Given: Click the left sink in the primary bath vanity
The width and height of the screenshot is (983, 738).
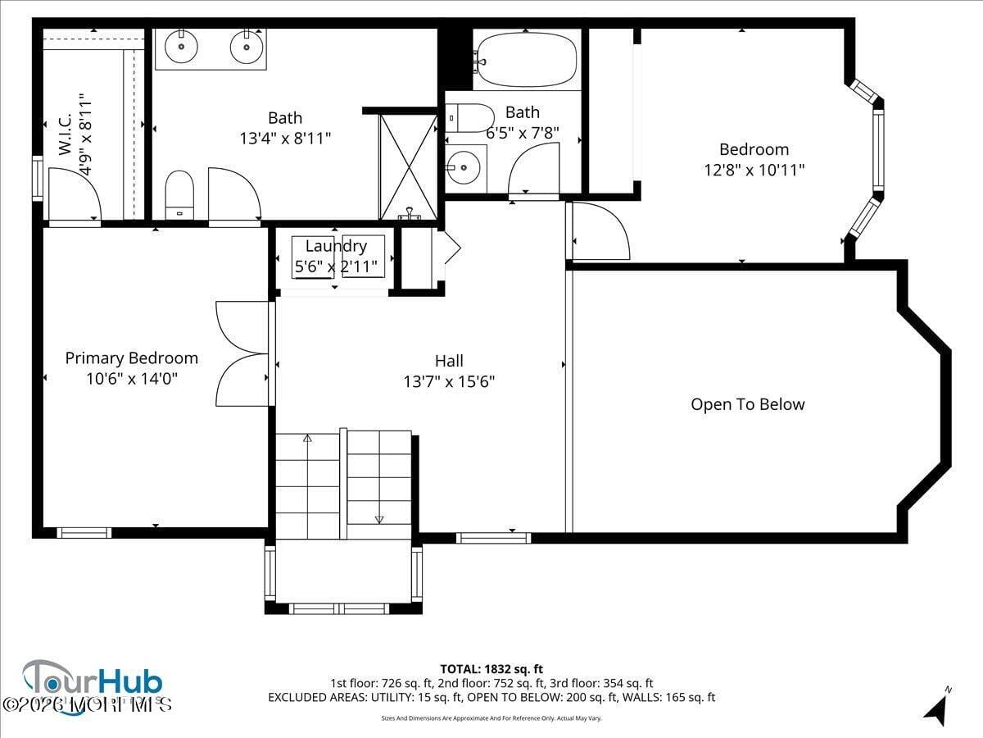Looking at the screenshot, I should click(x=180, y=46).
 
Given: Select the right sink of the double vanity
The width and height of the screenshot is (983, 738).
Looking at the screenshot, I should click(x=245, y=46).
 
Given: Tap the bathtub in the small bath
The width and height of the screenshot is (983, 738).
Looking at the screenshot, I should click(x=527, y=59).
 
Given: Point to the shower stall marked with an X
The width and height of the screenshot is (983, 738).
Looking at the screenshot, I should click(x=408, y=166).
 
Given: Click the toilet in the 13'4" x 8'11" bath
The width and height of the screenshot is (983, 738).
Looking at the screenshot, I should click(x=179, y=194).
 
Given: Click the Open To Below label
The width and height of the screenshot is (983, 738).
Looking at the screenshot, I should click(x=747, y=404).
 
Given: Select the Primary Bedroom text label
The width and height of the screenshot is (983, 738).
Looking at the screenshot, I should click(x=131, y=358).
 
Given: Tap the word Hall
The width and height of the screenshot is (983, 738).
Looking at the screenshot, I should click(x=449, y=361).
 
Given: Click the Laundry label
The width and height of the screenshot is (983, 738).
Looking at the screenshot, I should click(x=336, y=246).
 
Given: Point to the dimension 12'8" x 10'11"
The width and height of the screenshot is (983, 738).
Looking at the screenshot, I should click(x=754, y=170).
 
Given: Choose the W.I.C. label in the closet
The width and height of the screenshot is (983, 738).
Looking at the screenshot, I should click(x=66, y=134).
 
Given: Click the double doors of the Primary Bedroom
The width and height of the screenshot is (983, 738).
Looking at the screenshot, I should click(x=242, y=353).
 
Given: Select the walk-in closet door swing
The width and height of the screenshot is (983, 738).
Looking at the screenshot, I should click(x=74, y=194).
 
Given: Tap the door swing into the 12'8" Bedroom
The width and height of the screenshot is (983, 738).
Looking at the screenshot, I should click(x=600, y=231).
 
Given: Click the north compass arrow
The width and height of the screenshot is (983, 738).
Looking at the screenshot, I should click(x=935, y=708).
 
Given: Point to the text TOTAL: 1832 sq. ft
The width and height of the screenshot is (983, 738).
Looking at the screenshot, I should click(x=491, y=669).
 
